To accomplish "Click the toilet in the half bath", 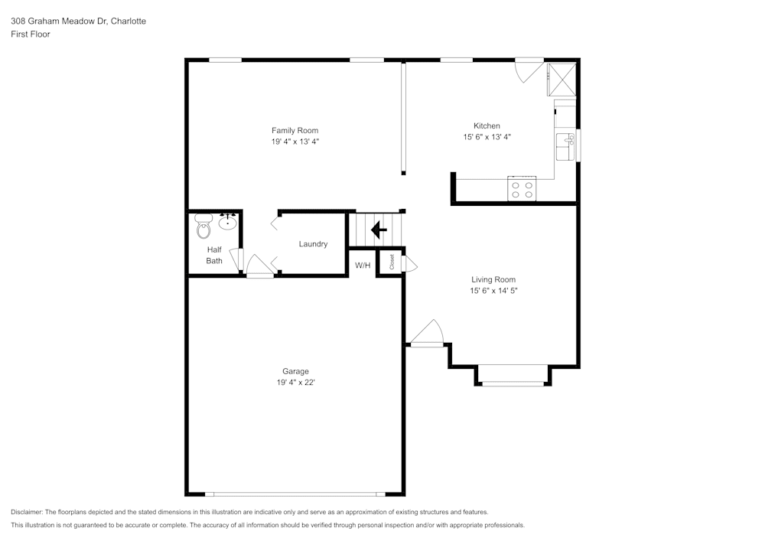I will (x=203, y=228).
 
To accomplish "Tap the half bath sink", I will (x=228, y=223).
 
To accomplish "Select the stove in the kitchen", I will (x=522, y=189).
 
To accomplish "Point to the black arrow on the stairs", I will (x=379, y=229).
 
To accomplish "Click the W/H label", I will (x=363, y=266).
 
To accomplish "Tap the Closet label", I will (x=392, y=262).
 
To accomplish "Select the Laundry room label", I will (x=313, y=244).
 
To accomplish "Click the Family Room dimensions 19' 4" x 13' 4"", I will (x=295, y=142).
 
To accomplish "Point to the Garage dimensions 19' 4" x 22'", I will (x=295, y=383).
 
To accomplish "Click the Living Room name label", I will (x=493, y=279).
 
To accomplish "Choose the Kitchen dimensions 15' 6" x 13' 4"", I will (x=487, y=137).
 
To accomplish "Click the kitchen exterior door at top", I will (x=528, y=69).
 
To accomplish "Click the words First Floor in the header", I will (x=31, y=34).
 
